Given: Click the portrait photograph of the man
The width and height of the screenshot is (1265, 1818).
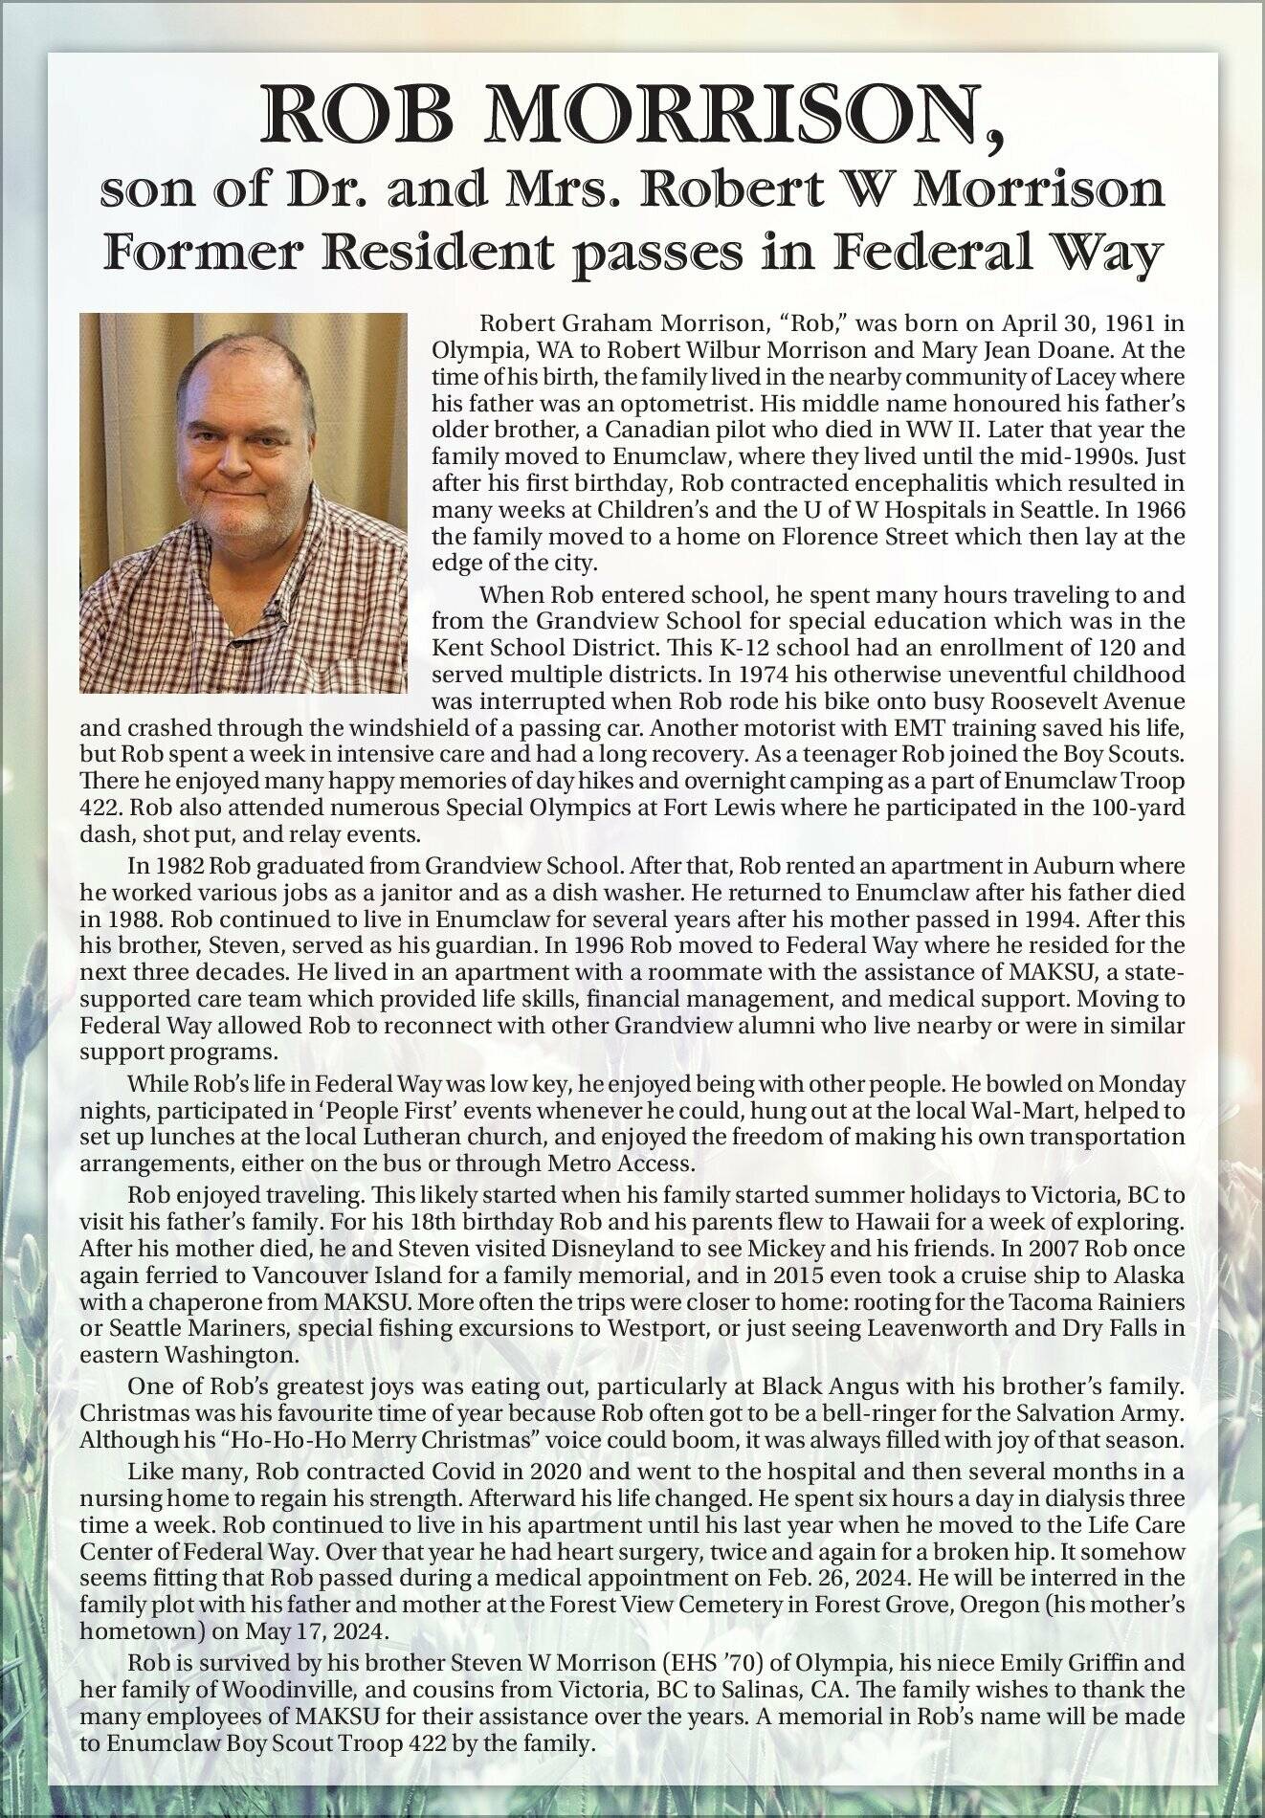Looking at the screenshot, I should tap(243, 501).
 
